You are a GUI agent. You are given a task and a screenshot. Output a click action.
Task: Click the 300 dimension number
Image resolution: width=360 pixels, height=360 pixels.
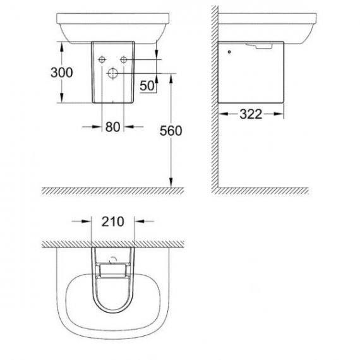(61, 73)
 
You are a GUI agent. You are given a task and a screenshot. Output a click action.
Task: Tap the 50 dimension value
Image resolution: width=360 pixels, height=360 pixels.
(147, 86)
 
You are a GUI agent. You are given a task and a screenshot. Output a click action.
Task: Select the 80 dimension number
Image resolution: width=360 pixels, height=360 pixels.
(112, 127)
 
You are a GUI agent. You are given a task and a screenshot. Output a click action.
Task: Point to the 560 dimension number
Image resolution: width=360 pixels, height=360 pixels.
(171, 131)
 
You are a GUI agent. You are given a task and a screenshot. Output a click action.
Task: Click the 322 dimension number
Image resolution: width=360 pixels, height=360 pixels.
(251, 114)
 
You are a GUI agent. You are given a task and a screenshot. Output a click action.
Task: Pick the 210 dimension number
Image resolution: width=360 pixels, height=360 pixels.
(112, 222)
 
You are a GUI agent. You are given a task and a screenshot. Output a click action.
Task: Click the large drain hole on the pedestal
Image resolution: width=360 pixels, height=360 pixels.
(112, 73)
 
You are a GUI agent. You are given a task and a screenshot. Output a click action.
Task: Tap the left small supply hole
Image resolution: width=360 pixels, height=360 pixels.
(102, 60)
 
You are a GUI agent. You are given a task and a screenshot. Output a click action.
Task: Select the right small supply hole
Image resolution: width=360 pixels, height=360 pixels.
(124, 60)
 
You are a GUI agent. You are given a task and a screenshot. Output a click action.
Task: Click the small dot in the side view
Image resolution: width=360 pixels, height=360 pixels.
(229, 52)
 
